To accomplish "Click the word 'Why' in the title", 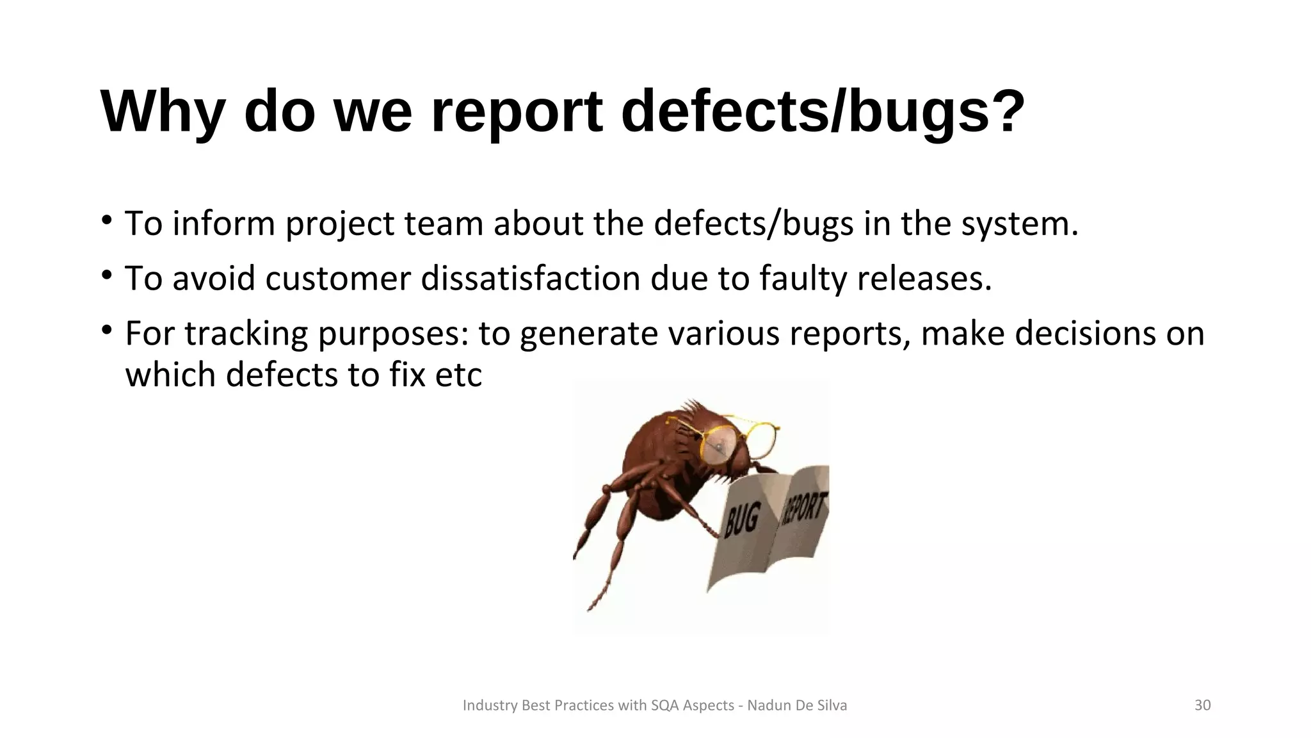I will coord(163,113).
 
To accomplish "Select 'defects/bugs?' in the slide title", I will coord(823,113).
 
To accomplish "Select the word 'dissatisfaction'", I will coord(531,279).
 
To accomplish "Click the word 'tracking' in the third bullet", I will coord(246,334).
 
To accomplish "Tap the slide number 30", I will coord(1202,705).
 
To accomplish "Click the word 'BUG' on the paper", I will coord(743,519).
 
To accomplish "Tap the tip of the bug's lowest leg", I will coord(590,608).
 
